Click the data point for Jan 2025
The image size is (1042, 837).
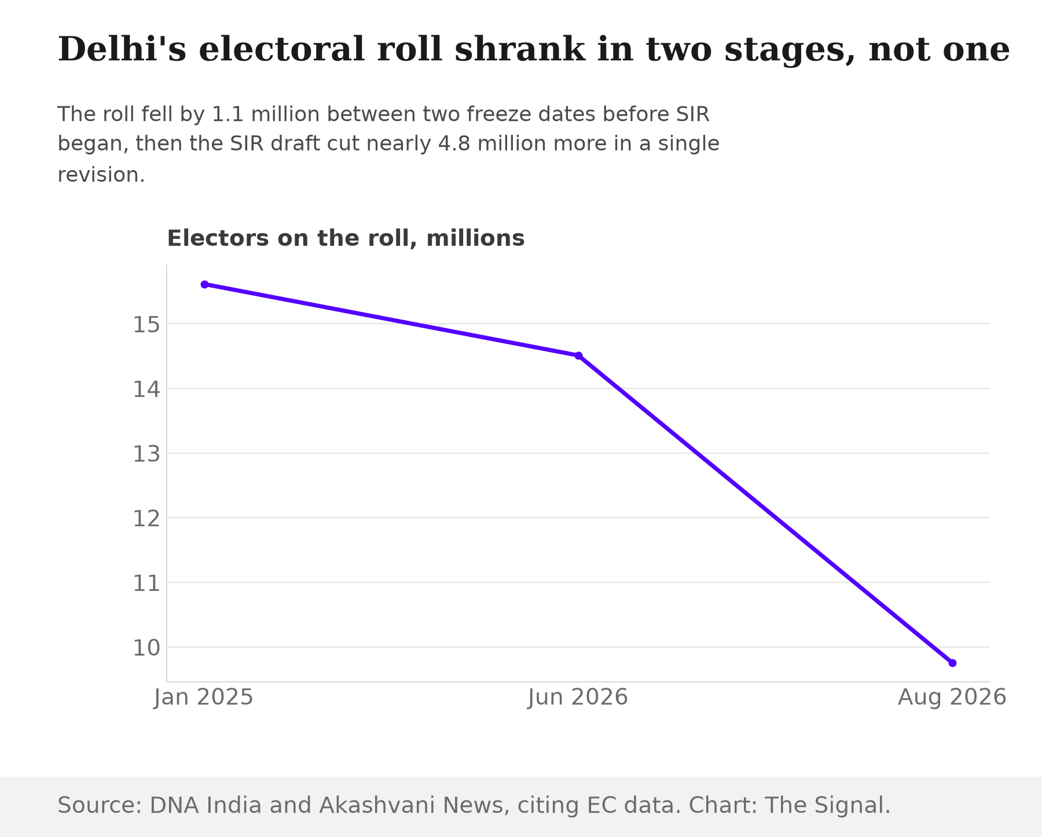point(204,285)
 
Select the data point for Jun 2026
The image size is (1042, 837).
point(578,355)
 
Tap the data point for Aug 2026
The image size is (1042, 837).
point(952,663)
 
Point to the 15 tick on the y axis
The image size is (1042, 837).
point(146,325)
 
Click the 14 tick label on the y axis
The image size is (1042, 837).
point(146,390)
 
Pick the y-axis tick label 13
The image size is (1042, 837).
point(146,454)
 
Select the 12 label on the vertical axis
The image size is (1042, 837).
point(146,519)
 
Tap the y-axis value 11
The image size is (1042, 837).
point(146,583)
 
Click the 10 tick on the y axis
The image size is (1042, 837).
point(146,648)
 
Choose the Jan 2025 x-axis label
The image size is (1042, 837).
point(204,698)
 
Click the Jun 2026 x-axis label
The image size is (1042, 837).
point(578,698)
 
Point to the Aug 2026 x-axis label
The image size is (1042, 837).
point(952,698)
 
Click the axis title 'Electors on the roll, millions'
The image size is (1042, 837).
point(346,238)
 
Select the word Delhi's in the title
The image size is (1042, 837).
point(122,49)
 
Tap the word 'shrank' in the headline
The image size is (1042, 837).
point(520,49)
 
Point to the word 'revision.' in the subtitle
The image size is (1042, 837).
point(101,174)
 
